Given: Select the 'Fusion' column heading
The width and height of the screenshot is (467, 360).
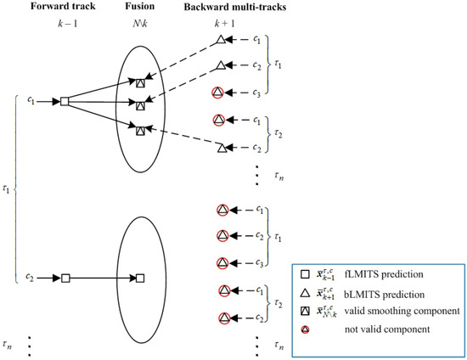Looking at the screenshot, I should [141, 7].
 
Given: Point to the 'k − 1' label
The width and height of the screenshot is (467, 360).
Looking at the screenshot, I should [65, 23].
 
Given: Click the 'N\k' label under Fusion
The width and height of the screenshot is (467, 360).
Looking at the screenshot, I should [142, 23].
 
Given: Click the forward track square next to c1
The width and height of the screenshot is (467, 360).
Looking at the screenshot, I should [64, 103].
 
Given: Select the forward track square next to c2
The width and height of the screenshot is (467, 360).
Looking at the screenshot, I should [64, 278].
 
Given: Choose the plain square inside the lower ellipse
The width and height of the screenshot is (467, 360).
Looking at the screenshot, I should [140, 278].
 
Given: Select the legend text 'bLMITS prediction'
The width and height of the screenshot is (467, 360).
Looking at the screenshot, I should [399, 293].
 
